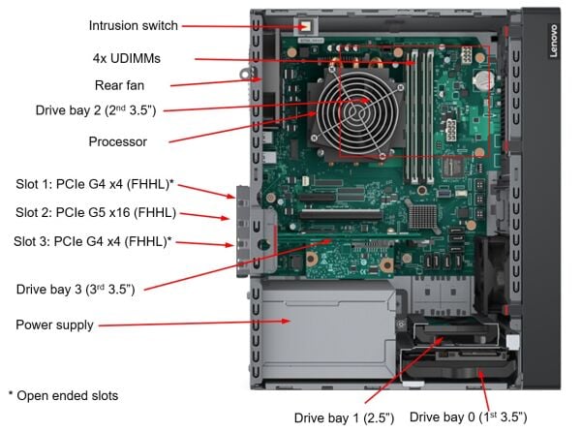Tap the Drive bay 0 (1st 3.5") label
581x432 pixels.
tap(468, 417)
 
